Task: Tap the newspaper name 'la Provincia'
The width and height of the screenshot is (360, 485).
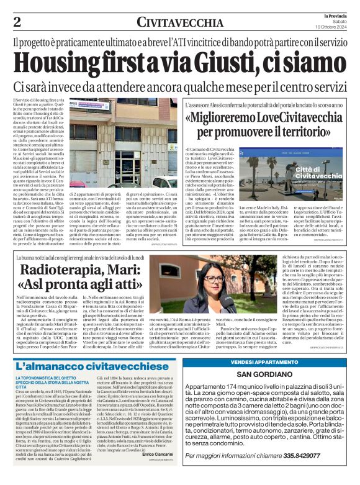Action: (x=332, y=14)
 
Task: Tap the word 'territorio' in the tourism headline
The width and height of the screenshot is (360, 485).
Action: (x=315, y=132)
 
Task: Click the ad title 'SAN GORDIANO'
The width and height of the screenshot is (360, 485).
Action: (x=269, y=374)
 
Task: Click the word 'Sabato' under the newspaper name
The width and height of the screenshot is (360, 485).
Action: (x=339, y=20)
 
